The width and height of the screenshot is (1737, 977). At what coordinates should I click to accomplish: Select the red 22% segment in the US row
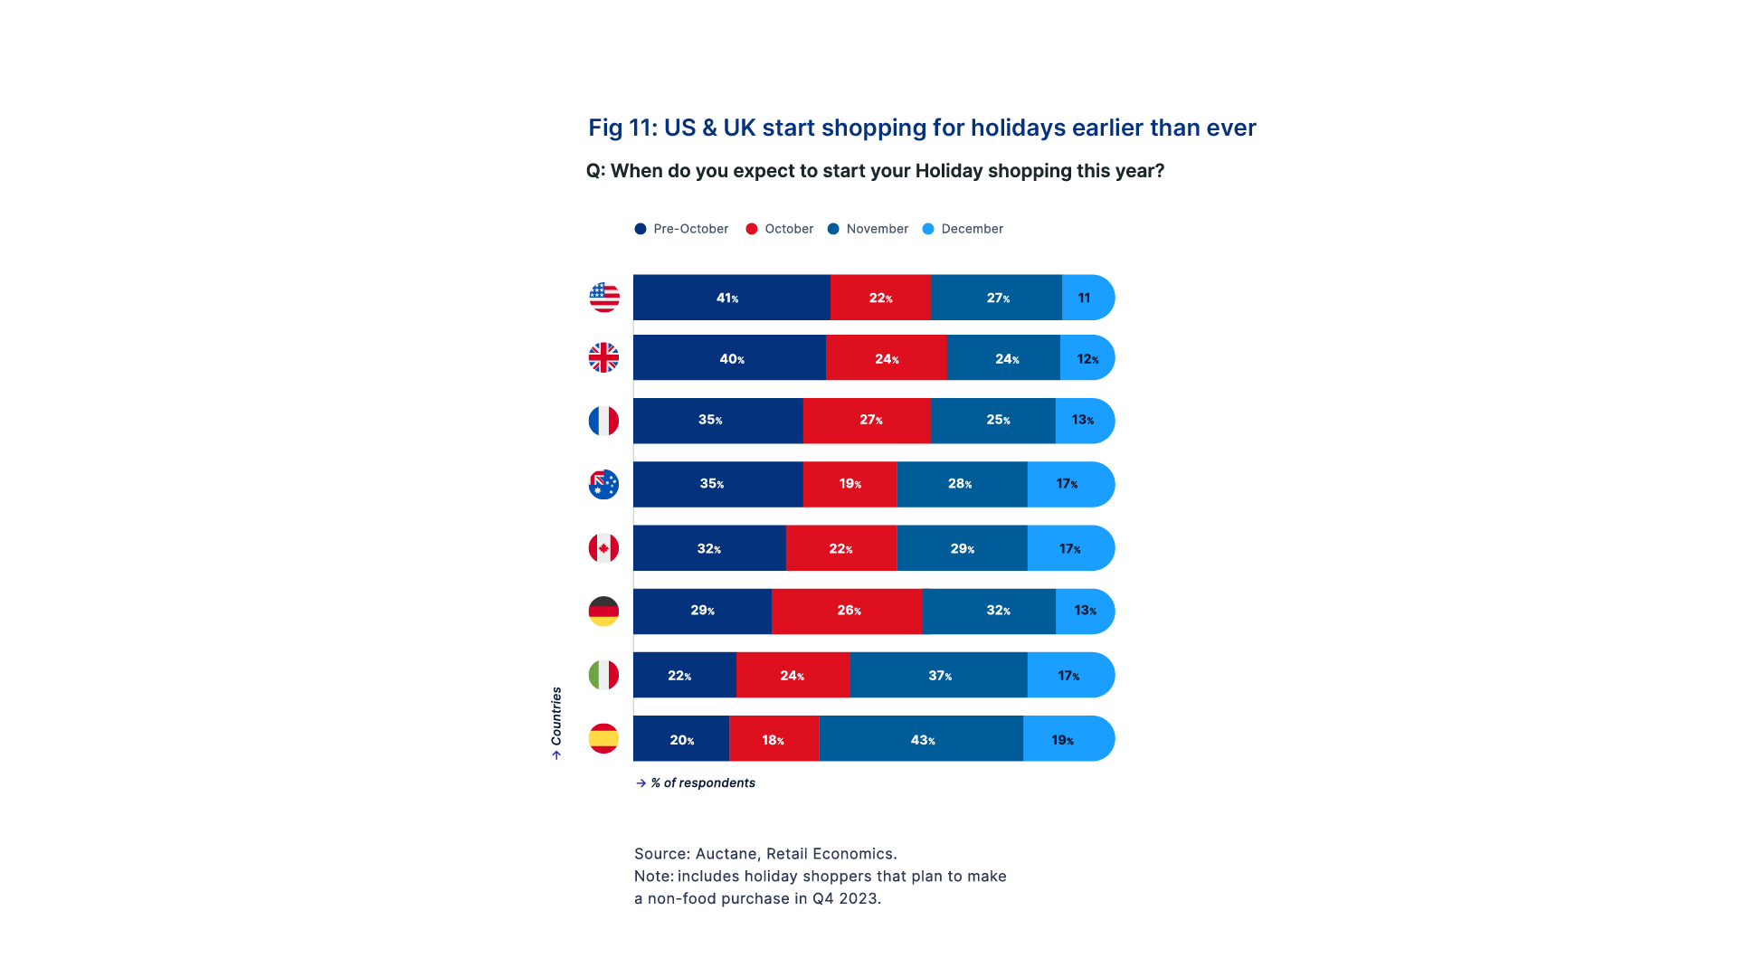coord(880,299)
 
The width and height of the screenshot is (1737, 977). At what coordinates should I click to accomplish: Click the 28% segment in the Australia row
coord(962,484)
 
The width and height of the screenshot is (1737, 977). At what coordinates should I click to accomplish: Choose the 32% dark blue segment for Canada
coord(709,549)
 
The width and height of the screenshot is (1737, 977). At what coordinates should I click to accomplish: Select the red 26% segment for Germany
coord(847,611)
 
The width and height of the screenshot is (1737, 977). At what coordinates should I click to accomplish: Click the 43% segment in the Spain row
coord(921,740)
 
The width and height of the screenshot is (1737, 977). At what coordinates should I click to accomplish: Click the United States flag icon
coord(604,301)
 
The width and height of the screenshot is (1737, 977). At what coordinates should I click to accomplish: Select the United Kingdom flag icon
coord(603,362)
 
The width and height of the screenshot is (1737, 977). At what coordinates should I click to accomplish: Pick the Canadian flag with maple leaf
coord(603,551)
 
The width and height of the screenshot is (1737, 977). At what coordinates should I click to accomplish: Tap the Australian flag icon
coord(603,488)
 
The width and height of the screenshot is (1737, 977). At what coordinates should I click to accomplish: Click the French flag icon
coord(603,424)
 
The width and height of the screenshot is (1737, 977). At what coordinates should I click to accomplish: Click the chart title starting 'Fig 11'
coord(921,128)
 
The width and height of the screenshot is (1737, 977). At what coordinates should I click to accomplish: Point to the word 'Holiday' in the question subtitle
coord(948,171)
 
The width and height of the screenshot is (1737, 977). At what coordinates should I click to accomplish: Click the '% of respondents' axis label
coord(702,783)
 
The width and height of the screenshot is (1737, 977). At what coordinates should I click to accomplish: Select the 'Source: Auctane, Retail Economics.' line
coord(765,854)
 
